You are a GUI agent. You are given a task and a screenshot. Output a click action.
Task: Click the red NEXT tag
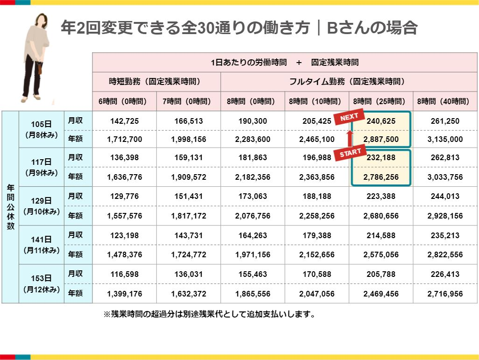pos(349,118)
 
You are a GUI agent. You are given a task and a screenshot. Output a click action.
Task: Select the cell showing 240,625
pos(381,121)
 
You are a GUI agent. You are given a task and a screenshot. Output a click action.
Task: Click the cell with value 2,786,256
pos(381,177)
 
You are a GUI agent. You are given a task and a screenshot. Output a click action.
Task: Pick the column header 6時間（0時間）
pos(124,101)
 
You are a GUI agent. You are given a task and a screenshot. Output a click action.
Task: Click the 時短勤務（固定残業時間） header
pos(155,81)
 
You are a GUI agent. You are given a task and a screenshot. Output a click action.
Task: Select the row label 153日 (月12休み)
pos(41,284)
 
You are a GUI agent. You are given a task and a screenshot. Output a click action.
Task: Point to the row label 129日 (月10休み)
pos(41,206)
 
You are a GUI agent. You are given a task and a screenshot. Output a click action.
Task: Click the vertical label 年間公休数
pos(10,206)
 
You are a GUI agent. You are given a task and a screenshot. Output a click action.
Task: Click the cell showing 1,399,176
pos(124,294)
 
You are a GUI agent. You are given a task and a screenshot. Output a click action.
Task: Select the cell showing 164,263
pos(252,235)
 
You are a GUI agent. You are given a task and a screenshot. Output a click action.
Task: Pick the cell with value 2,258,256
pos(317,215)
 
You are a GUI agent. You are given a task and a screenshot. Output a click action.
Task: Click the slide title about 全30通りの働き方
pos(239,28)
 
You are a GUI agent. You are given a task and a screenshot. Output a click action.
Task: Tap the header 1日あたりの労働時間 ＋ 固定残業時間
pos(285,62)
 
